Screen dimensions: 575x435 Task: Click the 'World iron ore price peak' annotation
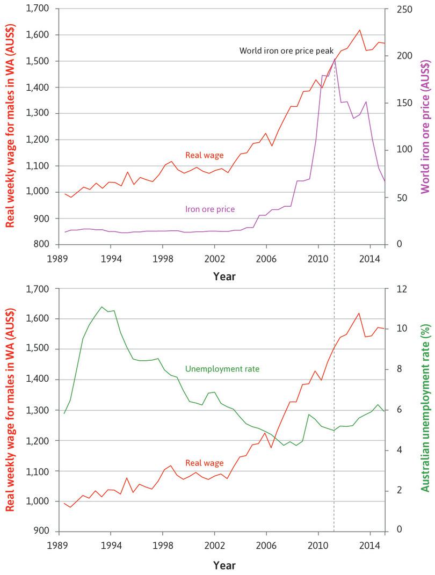[x=282, y=50]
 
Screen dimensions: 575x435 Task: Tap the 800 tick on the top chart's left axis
[x=41, y=244]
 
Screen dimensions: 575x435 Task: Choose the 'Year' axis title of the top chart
[x=224, y=276]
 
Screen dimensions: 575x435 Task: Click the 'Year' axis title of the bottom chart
[x=224, y=565]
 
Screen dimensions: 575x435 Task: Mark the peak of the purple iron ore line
[x=335, y=59]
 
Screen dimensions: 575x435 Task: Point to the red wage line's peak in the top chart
[x=359, y=30]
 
